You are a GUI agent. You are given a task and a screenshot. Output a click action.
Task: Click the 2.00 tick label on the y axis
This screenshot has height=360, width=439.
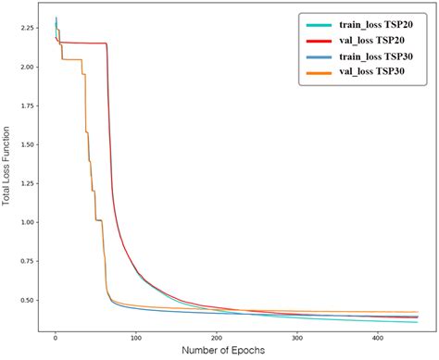tap(27, 67)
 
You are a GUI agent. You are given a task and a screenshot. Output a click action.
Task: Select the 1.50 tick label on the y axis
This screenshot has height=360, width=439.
tap(27, 144)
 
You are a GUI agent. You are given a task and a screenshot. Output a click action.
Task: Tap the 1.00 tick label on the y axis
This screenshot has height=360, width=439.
tap(27, 222)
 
